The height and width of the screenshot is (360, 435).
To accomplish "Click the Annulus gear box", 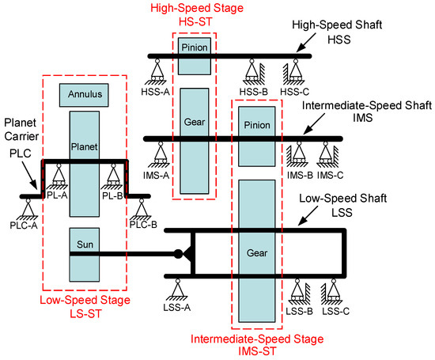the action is pos(84,95).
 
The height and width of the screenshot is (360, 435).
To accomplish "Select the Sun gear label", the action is pos(85,244).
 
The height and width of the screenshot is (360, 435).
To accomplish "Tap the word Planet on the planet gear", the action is pos(85,146).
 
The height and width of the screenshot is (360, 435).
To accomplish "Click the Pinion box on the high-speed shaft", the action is pos(195,56).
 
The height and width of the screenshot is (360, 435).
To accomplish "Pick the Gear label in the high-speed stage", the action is pos(195,122).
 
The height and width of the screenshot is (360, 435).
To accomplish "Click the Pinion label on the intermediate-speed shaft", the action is pos(257,125).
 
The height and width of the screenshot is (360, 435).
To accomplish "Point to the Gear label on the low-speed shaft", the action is pos(257,253).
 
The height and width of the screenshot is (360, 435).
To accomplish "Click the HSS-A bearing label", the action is pos(155,92).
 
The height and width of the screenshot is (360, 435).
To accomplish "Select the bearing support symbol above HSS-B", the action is pos(254,71).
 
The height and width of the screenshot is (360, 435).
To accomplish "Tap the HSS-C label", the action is pos(295,92).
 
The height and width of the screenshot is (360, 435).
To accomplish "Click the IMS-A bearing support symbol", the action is pos(160,154).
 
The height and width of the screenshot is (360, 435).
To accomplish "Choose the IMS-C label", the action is pos(330,176).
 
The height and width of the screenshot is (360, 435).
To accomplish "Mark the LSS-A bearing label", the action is pos(176,307).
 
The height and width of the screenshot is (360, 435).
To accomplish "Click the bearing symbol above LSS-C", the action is pos(331,292).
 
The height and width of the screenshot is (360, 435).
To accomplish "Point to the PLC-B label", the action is pos(143,225).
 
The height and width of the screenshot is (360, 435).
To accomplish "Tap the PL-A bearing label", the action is pos(57,195).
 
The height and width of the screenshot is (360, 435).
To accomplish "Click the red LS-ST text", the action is pos(85,313).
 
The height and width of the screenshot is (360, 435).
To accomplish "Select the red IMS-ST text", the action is pos(257,351).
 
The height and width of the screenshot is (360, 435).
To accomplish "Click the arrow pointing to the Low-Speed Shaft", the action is pos(308,216).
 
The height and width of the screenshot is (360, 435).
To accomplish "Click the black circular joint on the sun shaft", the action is pos(178,254).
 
